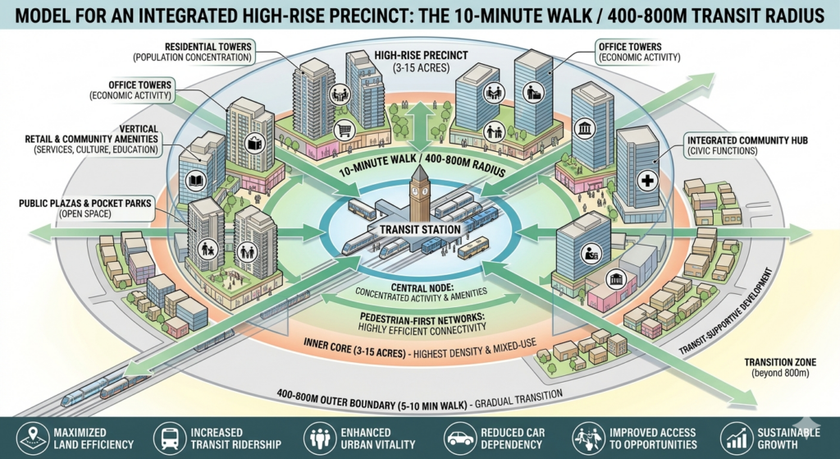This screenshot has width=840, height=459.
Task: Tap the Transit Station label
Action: (x=420, y=230)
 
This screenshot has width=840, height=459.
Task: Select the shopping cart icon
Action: (x=345, y=130)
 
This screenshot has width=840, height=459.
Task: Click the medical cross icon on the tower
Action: (x=648, y=181)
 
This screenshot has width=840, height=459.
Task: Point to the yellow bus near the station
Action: (x=473, y=247)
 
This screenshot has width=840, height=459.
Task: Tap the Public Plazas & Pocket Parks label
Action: (x=85, y=209)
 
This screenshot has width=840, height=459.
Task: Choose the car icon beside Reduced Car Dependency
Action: (x=460, y=438)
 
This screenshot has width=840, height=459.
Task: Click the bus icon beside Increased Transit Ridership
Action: (x=169, y=438)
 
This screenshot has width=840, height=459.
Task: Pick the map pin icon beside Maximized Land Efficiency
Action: (x=32, y=438)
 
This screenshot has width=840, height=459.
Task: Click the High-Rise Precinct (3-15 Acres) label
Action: (x=421, y=62)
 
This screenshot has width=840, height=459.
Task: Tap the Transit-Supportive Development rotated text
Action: (x=727, y=311)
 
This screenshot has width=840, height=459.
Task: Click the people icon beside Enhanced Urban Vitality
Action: (x=320, y=438)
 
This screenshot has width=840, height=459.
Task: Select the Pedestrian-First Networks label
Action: (x=422, y=322)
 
